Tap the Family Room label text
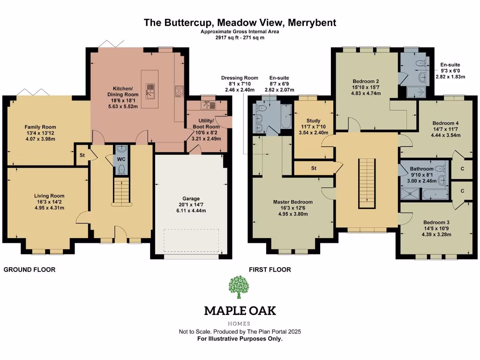click(40, 127)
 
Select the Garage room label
click(191, 199)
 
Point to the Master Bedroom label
click(290, 202)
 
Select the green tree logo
click(240, 287)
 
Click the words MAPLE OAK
click(240, 310)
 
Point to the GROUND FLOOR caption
click(30, 270)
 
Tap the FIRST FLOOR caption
click(270, 270)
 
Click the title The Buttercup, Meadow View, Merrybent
click(240, 22)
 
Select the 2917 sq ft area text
click(240, 37)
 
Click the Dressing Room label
click(240, 78)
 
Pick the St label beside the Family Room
click(82, 155)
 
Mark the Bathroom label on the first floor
click(421, 169)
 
